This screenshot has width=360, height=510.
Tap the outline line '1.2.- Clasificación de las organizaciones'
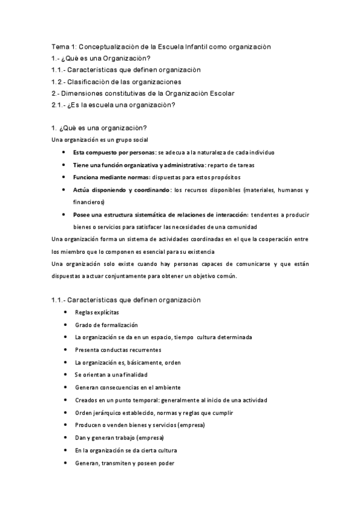(x=117, y=82)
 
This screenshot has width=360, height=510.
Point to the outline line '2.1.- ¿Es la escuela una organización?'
(x=113, y=105)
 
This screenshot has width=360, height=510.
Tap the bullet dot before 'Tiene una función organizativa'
(x=64, y=165)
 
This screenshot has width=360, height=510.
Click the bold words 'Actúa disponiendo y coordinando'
(x=121, y=190)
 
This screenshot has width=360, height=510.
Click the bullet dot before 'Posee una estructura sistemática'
(x=64, y=215)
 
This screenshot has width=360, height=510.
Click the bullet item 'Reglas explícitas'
(x=97, y=313)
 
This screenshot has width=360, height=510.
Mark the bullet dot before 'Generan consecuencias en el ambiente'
(x=64, y=387)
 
